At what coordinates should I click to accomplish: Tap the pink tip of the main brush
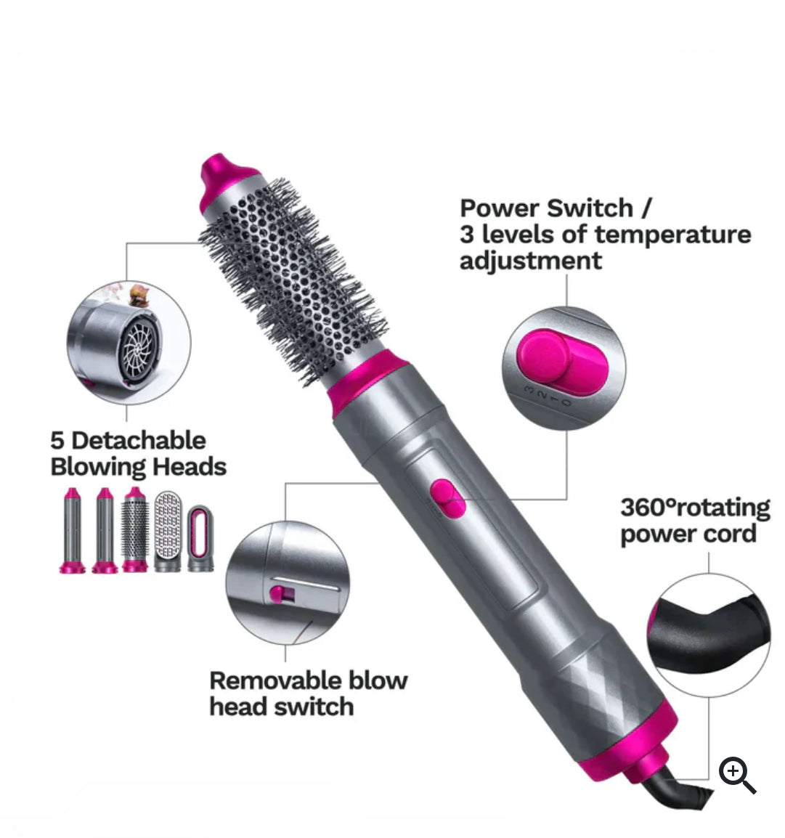(221, 176)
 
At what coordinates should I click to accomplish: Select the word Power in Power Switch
(501, 208)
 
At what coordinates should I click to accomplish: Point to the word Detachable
(139, 440)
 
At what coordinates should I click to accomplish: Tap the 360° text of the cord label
(649, 507)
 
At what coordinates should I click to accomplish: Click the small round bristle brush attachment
(135, 530)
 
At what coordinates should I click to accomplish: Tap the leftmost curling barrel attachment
(73, 530)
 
